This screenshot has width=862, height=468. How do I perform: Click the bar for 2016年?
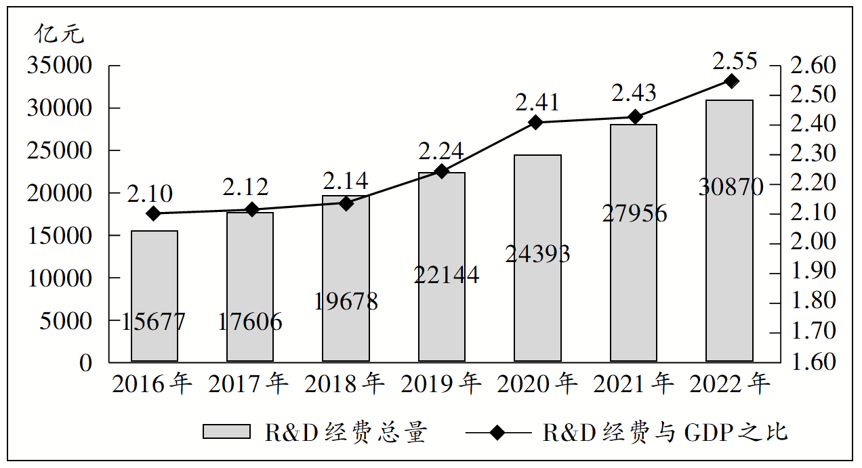[155, 296]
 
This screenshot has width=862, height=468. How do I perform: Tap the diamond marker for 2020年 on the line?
[536, 123]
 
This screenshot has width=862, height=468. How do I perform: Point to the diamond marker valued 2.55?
[731, 82]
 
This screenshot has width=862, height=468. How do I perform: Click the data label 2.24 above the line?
[441, 151]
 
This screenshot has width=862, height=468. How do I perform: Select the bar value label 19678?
[346, 301]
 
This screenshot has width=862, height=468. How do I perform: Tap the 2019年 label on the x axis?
[441, 384]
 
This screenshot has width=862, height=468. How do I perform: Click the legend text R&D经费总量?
[346, 432]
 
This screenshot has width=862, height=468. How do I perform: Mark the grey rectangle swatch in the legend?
[226, 432]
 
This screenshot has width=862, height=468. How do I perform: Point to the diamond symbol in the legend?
[499, 432]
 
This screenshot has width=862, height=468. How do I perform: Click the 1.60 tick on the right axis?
[813, 362]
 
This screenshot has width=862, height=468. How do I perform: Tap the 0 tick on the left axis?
[84, 363]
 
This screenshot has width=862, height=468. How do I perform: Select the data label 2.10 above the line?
[150, 195]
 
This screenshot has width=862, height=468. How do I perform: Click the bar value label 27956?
[634, 214]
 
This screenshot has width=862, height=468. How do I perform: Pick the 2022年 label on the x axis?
[730, 384]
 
